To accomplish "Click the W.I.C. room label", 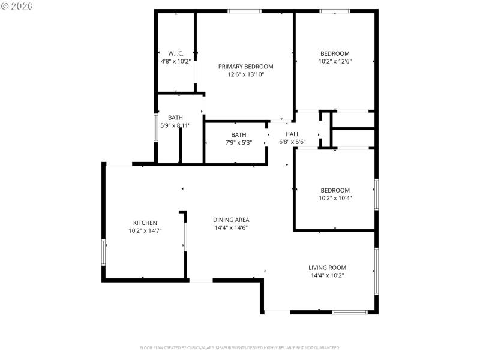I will click(x=176, y=53).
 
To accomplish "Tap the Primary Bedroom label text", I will click(x=245, y=67).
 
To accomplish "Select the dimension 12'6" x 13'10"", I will click(x=245, y=74).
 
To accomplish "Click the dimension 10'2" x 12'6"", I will click(x=335, y=61).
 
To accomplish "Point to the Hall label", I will click(x=292, y=134).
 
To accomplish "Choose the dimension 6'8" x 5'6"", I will click(x=292, y=142).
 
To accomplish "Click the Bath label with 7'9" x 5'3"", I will click(x=239, y=135).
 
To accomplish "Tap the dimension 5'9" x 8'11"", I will click(x=175, y=125).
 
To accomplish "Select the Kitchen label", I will click(x=145, y=223).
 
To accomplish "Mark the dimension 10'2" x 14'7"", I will click(x=145, y=230).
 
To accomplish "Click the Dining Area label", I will click(x=232, y=220).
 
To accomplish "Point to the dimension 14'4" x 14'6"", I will click(x=232, y=227).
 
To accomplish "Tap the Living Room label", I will click(x=327, y=268).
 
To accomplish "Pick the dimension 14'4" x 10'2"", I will click(x=327, y=275).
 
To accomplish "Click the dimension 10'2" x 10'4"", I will click(x=335, y=197).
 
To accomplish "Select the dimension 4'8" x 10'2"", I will click(x=176, y=61).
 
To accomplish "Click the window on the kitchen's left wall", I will click(x=104, y=252).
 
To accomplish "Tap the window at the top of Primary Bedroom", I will click(x=244, y=11).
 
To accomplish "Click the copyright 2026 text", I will click(x=17, y=6).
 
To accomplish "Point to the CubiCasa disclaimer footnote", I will click(x=240, y=347).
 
